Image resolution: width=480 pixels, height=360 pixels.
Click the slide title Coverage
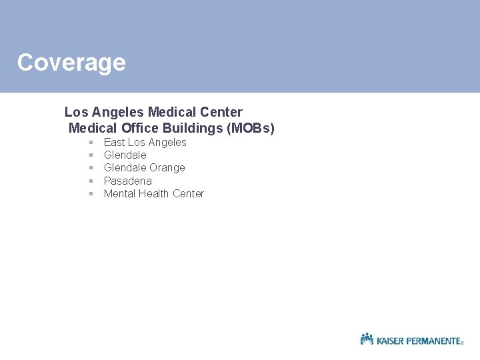71,63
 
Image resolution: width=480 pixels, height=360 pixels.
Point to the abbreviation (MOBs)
251,128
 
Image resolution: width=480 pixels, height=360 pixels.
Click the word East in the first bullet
114,143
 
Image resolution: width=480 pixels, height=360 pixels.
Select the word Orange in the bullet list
167,168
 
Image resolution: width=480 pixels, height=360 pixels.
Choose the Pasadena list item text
127,181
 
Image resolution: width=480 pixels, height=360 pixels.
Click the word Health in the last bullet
154,194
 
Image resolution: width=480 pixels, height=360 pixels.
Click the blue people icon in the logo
367,339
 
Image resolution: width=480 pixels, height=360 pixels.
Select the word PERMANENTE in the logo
434,341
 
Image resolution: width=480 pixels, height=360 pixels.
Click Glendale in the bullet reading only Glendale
125,155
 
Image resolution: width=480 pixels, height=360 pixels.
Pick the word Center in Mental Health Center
188,194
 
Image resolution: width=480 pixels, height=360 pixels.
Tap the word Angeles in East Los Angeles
167,143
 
